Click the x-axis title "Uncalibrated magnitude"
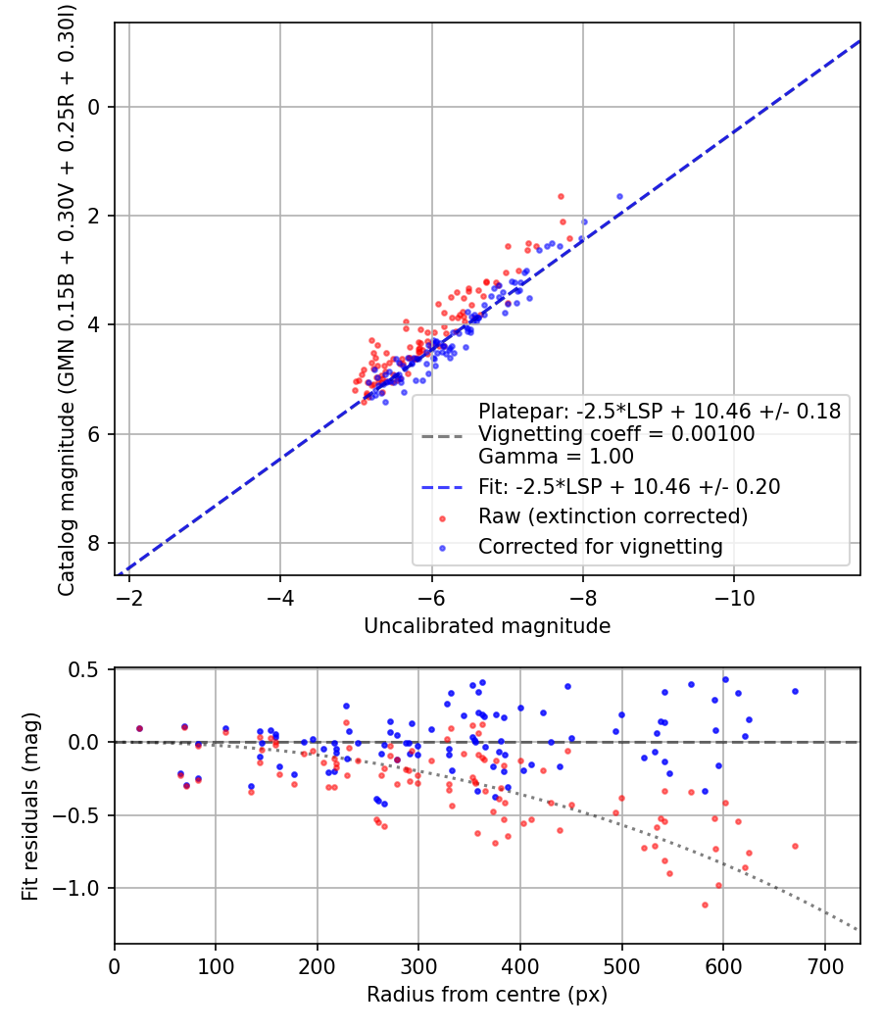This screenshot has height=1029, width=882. [x=487, y=626]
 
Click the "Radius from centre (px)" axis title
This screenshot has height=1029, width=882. [x=487, y=995]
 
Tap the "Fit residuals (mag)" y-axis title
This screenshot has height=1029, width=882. [x=30, y=806]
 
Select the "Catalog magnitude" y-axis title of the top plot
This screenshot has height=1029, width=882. [x=67, y=298]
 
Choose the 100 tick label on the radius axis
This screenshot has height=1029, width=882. [x=216, y=966]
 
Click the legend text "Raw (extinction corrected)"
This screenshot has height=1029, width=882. [x=612, y=516]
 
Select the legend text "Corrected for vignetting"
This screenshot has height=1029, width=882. [x=600, y=547]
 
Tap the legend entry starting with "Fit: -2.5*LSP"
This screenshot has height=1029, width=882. [x=629, y=486]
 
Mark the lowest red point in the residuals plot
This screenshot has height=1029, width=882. [x=705, y=905]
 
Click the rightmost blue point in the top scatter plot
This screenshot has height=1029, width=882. [x=619, y=196]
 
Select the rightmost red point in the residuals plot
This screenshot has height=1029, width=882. [x=795, y=846]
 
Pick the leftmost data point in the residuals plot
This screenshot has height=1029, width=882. [x=139, y=728]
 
